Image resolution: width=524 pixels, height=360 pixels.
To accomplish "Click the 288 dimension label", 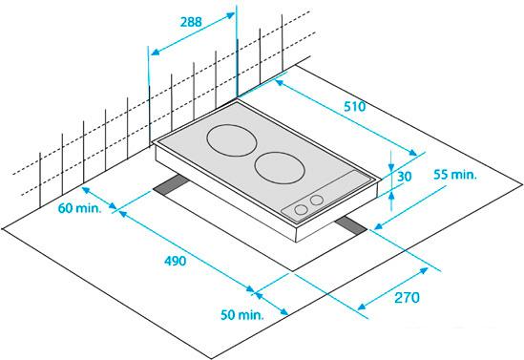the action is (191, 22).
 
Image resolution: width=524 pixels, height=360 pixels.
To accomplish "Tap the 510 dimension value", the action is (355, 107).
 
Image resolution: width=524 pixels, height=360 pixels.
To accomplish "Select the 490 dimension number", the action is (175, 261).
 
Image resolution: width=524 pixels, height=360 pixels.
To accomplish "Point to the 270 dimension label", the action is (407, 298).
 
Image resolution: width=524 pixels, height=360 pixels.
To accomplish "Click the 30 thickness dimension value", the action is (404, 177).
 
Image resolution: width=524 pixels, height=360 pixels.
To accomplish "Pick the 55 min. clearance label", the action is (455, 175).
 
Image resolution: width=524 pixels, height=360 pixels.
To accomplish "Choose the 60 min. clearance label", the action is (79, 208).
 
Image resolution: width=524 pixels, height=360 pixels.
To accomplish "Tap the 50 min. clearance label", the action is (242, 314).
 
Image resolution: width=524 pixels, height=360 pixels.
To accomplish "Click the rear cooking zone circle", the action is (232, 140).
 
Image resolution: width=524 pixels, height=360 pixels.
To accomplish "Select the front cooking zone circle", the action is (280, 167).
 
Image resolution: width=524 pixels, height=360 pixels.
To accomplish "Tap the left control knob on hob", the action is (301, 209).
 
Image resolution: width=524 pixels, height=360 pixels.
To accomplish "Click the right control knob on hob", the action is (317, 201).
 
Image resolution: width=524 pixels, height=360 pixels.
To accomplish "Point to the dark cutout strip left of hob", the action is (171, 185).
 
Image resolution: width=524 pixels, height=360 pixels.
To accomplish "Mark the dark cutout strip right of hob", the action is (351, 225).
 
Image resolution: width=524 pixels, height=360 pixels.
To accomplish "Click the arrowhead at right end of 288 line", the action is (231, 15).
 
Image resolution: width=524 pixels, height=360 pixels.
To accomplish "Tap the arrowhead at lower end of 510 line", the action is (412, 153).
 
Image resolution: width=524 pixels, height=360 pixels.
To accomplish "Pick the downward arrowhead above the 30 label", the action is (391, 167).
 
